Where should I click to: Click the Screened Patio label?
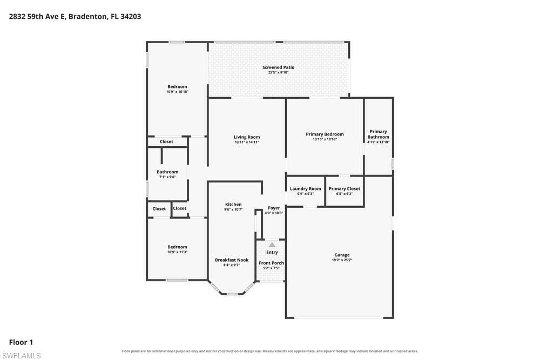pyautogui.click(x=278, y=67)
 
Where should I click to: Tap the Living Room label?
pyautogui.click(x=247, y=137)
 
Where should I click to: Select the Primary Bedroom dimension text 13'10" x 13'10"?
pyautogui.click(x=325, y=139)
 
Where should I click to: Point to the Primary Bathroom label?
pyautogui.click(x=378, y=134)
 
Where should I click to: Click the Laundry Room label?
pyautogui.click(x=306, y=188)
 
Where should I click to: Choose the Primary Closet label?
pyautogui.click(x=345, y=188)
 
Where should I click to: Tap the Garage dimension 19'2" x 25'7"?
pyautogui.click(x=342, y=260)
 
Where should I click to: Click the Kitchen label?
pyautogui.click(x=233, y=205)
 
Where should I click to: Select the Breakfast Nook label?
pyautogui.click(x=232, y=260)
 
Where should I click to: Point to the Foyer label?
pyautogui.click(x=274, y=208)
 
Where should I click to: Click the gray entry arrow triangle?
pyautogui.click(x=272, y=244)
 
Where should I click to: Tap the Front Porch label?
pyautogui.click(x=272, y=263)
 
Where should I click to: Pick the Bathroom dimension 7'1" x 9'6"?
pyautogui.click(x=167, y=177)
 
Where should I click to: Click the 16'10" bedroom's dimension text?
pyautogui.click(x=177, y=92)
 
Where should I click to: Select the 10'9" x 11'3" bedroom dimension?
pyautogui.click(x=177, y=252)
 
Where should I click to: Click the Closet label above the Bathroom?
pyautogui.click(x=166, y=141)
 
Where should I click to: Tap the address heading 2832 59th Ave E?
pyautogui.click(x=37, y=17)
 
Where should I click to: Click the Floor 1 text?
pyautogui.click(x=21, y=342)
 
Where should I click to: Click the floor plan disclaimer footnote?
pyautogui.click(x=270, y=351)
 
